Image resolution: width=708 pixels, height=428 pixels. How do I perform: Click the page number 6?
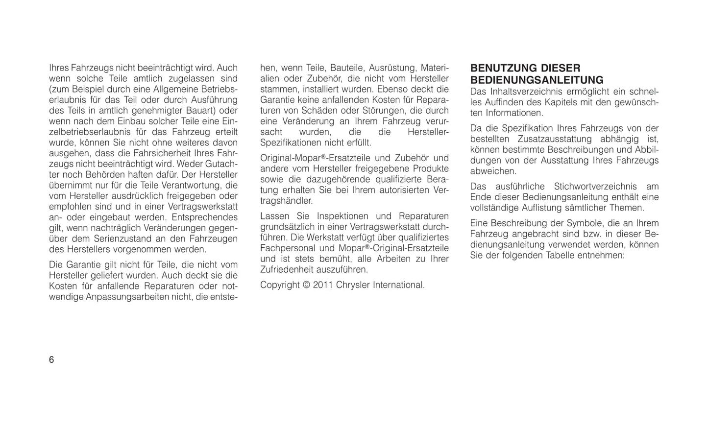pos(51,360)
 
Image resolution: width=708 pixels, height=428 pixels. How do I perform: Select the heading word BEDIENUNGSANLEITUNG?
pos(537,80)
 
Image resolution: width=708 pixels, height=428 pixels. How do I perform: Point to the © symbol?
pos(306,285)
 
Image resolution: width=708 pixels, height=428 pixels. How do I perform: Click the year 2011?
pos(323,285)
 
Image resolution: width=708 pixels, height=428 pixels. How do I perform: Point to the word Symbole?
pos(583,223)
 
